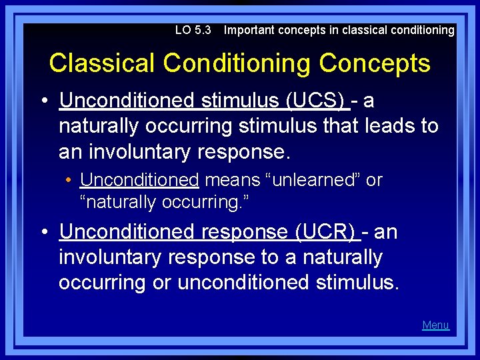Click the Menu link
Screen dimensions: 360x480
pos(435,325)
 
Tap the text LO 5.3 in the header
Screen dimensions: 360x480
pos(193,30)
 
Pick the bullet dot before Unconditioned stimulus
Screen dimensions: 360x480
pos(43,101)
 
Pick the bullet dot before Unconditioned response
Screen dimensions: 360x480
pos(43,233)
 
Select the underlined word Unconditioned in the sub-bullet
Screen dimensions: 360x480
pos(139,180)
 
